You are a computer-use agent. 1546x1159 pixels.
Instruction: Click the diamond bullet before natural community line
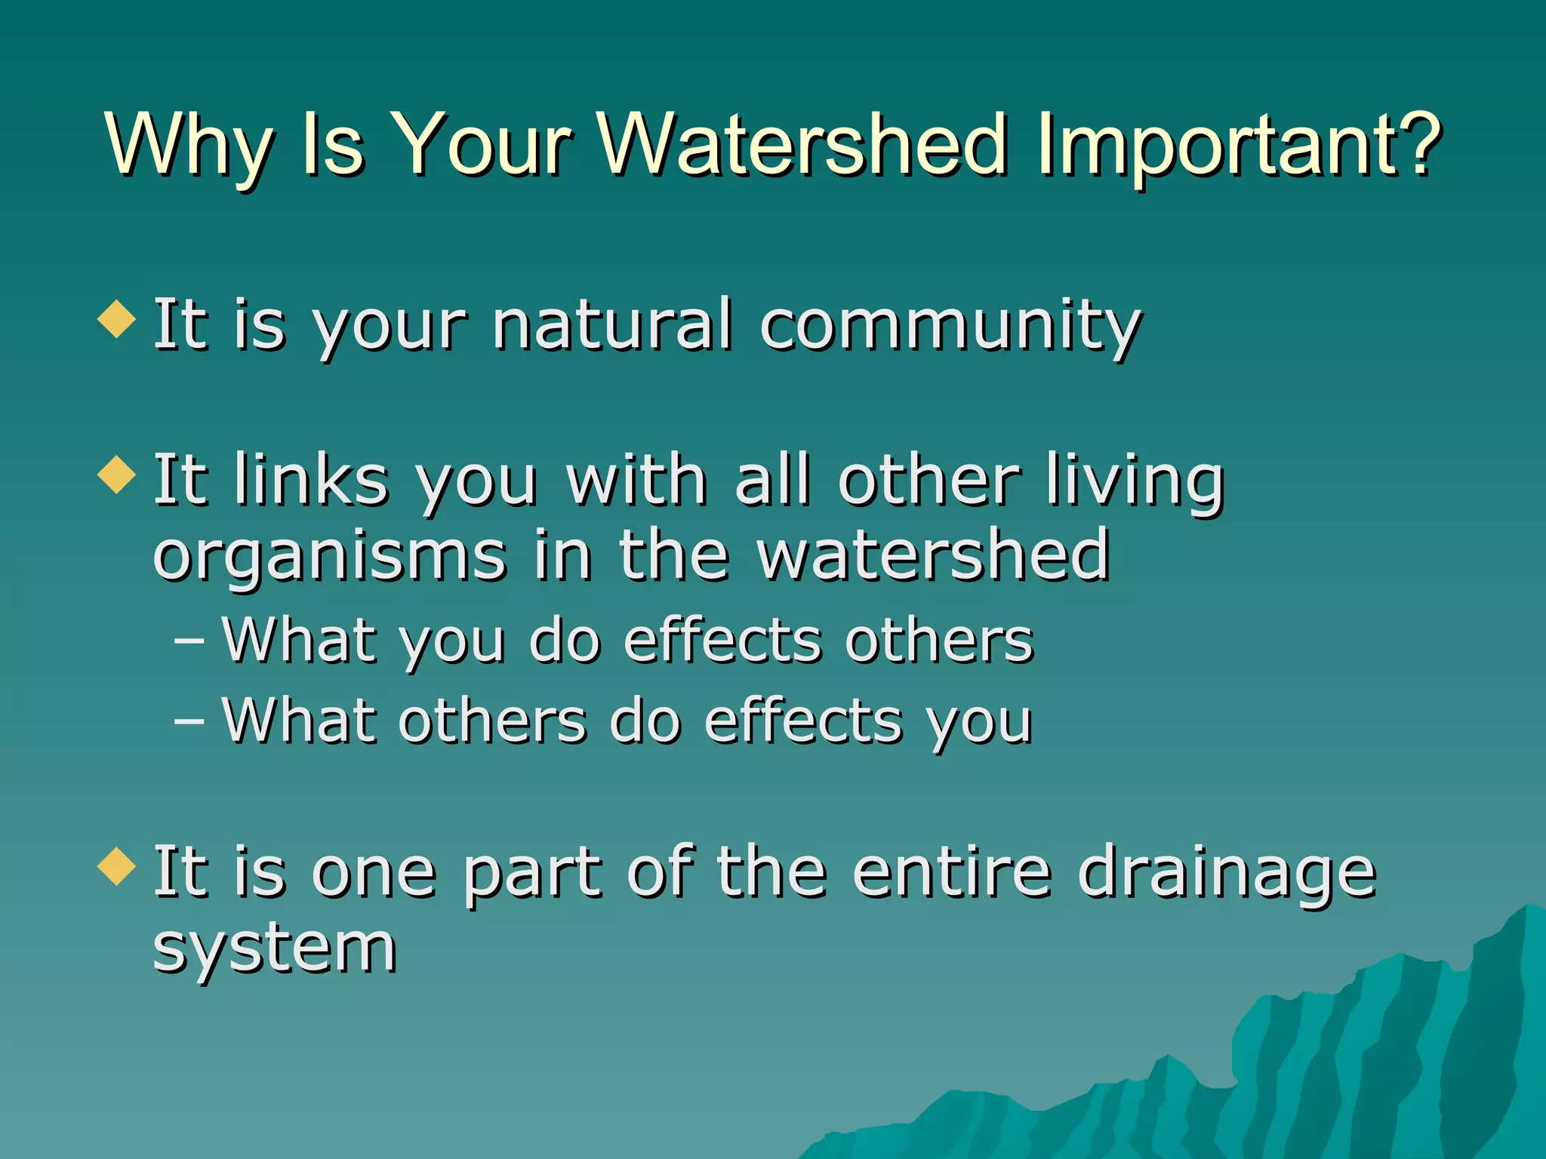(117, 319)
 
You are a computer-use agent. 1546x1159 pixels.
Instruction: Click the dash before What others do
(189, 721)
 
